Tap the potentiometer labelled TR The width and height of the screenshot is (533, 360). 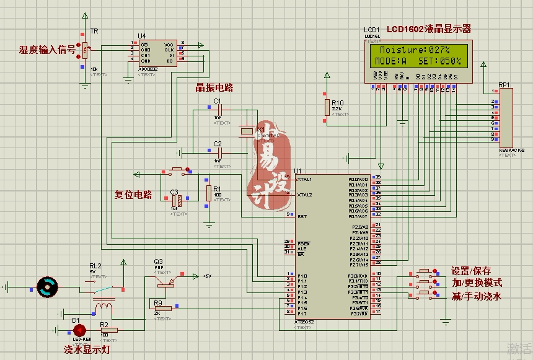pos(86,48)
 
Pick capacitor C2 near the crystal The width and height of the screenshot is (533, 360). pos(218,152)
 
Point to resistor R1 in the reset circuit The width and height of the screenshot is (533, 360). pos(208,192)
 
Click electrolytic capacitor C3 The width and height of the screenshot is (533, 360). pos(175,199)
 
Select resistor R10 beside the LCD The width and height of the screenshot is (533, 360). pos(327,107)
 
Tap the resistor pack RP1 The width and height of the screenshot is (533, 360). pos(506,117)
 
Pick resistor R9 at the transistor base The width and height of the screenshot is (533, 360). pos(163,308)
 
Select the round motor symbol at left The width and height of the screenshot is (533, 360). pos(46,286)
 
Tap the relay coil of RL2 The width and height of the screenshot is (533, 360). pos(104,305)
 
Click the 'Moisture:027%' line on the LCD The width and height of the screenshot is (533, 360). pos(415,50)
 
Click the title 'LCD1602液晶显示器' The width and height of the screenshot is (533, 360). pos(429,29)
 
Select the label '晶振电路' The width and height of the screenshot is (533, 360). pos(214,87)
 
